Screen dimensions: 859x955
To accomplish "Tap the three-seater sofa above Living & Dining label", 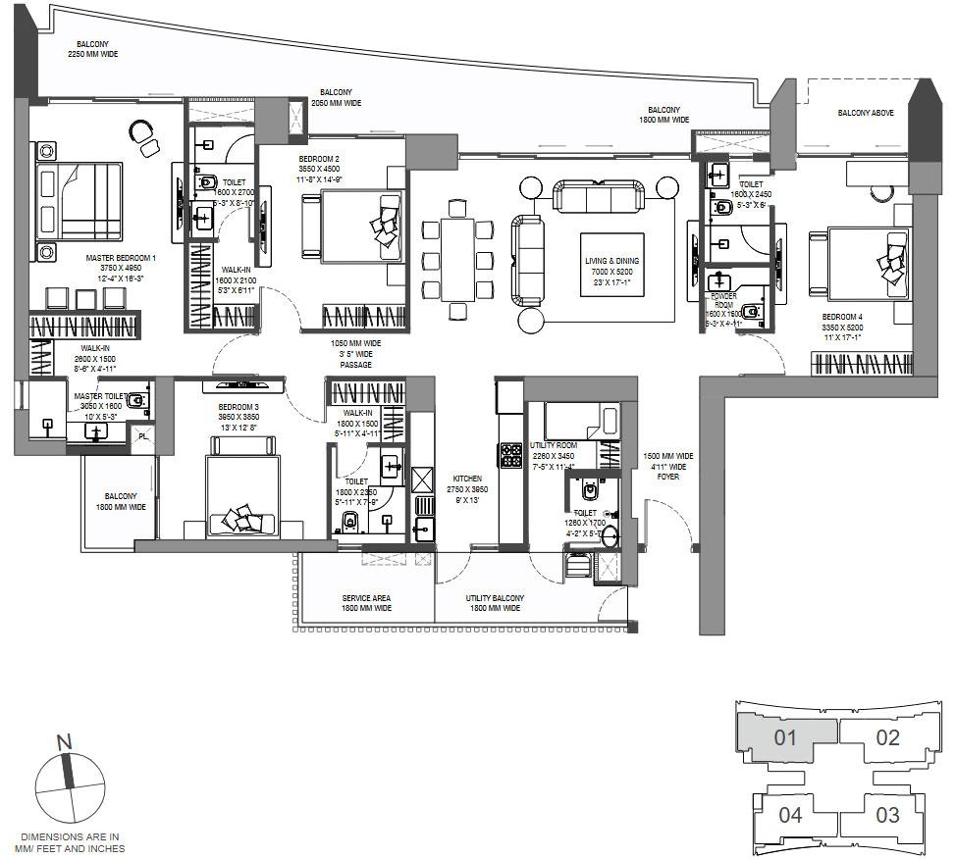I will [598, 195].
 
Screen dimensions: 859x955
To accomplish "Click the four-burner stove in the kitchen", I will [512, 454].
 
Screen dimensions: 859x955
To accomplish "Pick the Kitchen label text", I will [467, 488].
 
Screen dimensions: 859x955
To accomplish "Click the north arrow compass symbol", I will [69, 784].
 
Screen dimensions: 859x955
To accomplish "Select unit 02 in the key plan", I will [886, 737].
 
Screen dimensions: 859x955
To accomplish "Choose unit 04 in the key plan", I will [790, 815].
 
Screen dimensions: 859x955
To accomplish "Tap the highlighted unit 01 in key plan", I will [784, 737].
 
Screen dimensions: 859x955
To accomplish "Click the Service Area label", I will [367, 603].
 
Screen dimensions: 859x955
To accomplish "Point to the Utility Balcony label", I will [494, 603].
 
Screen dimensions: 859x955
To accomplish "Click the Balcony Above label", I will [865, 113].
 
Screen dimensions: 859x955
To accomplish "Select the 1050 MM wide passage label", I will [356, 354].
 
